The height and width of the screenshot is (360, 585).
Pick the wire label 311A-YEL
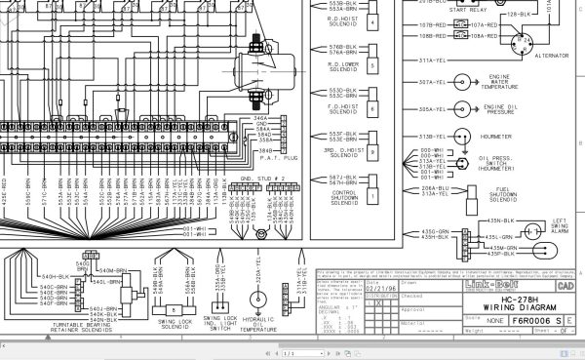[x=432, y=60]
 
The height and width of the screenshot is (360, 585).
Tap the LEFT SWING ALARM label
[x=561, y=225]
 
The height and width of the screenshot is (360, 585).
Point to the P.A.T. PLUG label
[x=269, y=157]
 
